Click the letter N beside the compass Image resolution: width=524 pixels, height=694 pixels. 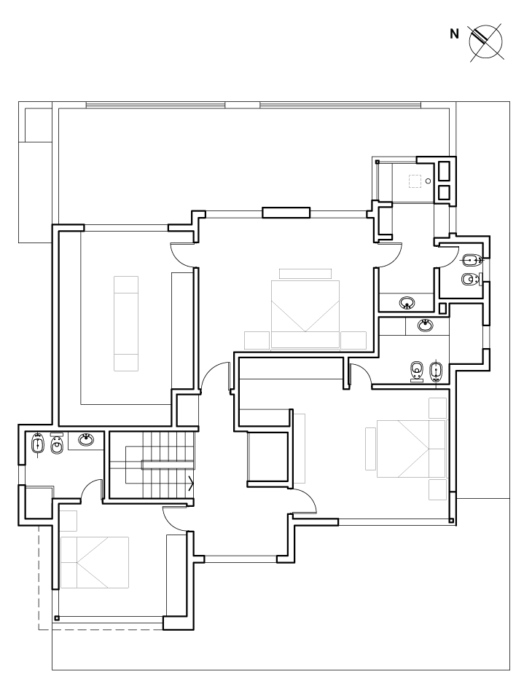454,33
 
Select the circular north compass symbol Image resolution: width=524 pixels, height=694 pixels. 486,42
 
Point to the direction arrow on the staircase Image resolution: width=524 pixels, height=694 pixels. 192,483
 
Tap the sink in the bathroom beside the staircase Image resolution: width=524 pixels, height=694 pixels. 86,440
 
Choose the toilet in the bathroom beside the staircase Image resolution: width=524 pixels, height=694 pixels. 57,444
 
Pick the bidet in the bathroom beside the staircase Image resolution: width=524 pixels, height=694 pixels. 38,444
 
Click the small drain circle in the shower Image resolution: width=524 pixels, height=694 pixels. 428,181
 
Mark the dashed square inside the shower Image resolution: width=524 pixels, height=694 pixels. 415,181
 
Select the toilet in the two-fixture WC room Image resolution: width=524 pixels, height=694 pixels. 469,279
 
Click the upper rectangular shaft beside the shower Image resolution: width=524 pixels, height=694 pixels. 443,171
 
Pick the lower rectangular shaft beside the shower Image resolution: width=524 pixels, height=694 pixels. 443,192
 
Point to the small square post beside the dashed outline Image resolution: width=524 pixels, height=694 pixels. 57,618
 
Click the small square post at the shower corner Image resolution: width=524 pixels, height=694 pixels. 378,162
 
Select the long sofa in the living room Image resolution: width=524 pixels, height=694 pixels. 126,323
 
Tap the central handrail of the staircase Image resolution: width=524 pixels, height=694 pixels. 168,465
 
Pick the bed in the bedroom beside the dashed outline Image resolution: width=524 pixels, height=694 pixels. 94,562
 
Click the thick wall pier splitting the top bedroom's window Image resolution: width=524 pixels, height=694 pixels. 286,213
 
